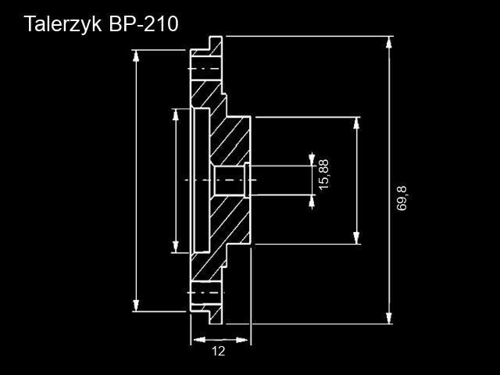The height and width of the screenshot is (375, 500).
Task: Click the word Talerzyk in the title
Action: [x=62, y=24]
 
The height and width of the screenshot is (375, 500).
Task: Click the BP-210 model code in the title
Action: [x=144, y=23]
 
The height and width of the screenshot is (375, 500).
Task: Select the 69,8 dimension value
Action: [x=402, y=198]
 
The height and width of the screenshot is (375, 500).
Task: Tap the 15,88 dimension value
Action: [x=323, y=174]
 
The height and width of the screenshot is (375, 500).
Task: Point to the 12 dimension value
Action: [x=219, y=351]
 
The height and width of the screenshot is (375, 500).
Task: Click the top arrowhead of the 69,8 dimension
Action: [x=388, y=42]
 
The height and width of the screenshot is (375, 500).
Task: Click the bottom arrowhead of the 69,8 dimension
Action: [x=388, y=318]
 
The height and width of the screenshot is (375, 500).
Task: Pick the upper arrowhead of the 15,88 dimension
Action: [x=312, y=159]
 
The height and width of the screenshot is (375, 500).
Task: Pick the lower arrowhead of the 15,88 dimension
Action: [x=312, y=201]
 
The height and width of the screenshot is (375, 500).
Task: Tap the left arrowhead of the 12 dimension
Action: [x=199, y=340]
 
